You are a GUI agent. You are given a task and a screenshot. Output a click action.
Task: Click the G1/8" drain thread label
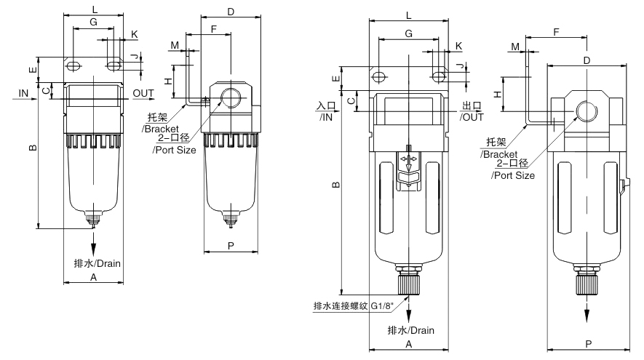[x=383, y=305]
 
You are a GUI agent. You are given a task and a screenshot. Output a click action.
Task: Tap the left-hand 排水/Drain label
[x=98, y=263]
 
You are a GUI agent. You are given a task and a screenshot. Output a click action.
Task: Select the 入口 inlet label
[x=326, y=106]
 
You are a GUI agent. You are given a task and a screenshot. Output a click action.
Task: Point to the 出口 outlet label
[x=472, y=106]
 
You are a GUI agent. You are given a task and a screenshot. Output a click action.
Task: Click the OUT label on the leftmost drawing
[x=143, y=94]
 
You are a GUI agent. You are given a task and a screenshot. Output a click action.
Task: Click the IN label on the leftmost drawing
[x=23, y=94]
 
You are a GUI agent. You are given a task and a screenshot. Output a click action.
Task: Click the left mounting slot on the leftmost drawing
[x=73, y=65]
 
